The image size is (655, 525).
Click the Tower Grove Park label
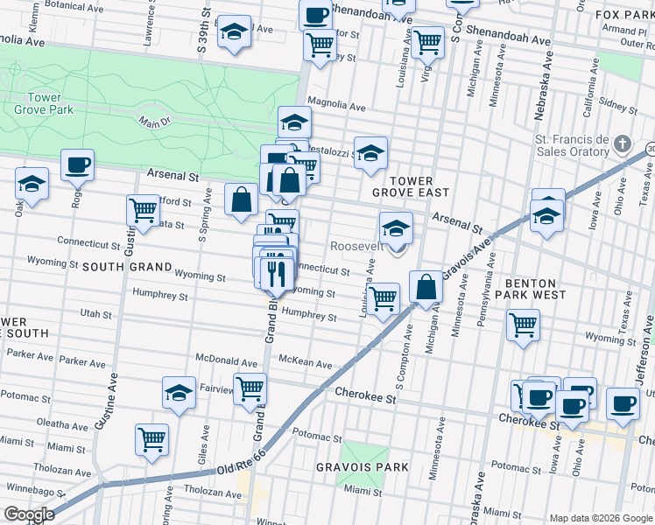pyautogui.click(x=44, y=103)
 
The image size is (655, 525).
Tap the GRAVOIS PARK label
pyautogui.click(x=362, y=467)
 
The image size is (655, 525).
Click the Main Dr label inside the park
pyautogui.click(x=153, y=123)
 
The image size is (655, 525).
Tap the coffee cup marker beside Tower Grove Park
pyautogui.click(x=77, y=164)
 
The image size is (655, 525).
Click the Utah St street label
pyautogui.click(x=95, y=313)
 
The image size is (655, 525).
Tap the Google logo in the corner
pyautogui.click(x=30, y=514)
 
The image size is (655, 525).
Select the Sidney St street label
pyautogui.click(x=619, y=108)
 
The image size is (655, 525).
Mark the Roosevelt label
pyautogui.click(x=356, y=247)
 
